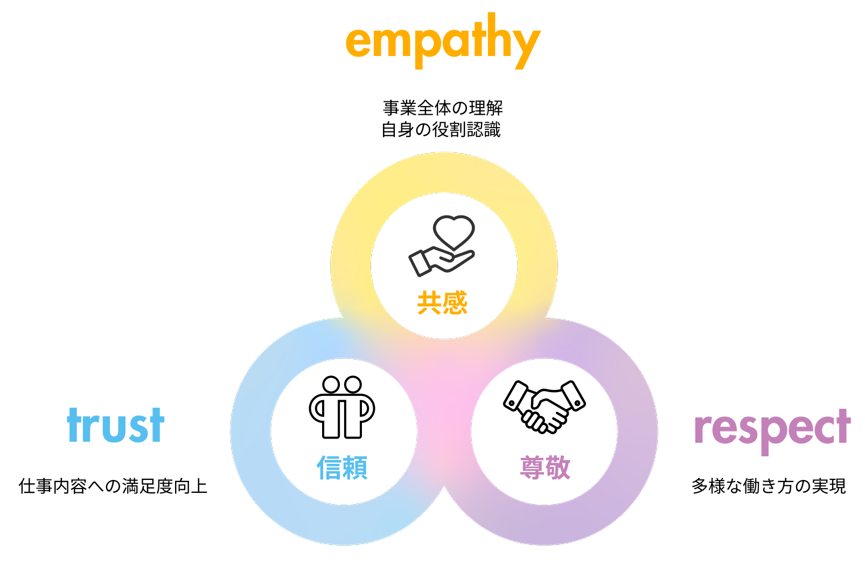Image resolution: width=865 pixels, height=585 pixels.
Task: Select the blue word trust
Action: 116,425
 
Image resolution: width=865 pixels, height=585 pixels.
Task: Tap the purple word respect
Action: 772,428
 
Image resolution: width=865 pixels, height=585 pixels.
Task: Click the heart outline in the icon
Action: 454,231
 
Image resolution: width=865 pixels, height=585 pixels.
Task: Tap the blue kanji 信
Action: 329,467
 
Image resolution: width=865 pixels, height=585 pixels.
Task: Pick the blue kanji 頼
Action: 355,467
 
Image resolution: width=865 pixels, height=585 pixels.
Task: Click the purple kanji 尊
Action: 532,467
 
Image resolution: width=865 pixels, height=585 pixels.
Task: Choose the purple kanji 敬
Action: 558,467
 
